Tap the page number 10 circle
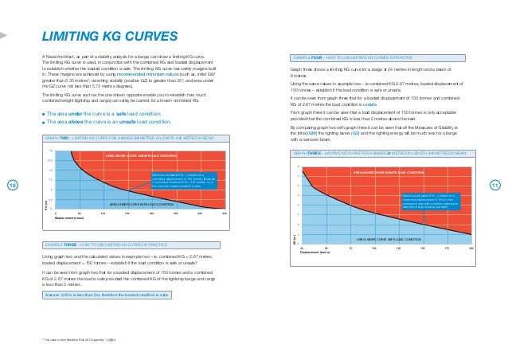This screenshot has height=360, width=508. click(12, 186)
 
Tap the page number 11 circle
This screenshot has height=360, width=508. click(494, 186)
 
